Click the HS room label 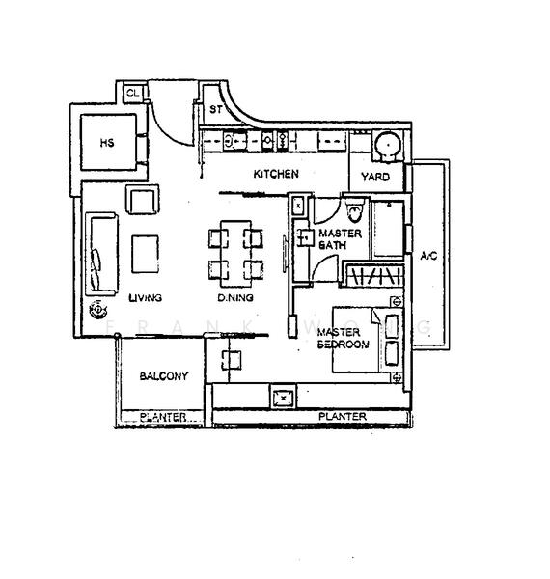(106, 143)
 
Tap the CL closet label (132, 94)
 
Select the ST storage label (216, 109)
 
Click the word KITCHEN (276, 175)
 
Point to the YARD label (375, 177)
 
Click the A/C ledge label (428, 256)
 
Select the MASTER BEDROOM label (344, 338)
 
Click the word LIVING (145, 297)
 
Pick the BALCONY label (163, 376)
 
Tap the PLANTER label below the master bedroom (343, 417)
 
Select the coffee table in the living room (147, 254)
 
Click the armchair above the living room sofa (141, 201)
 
